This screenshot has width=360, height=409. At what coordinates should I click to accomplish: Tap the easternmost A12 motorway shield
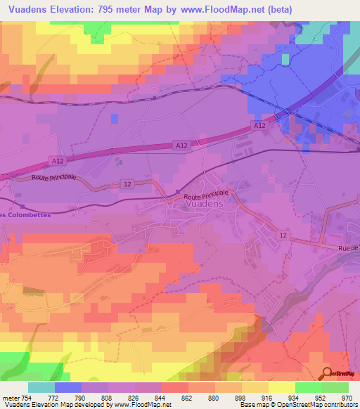(x=259, y=125)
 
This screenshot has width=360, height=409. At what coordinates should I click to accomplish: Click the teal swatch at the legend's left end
(x=41, y=387)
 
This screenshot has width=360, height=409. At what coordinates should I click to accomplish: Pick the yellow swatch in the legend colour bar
(x=282, y=387)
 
